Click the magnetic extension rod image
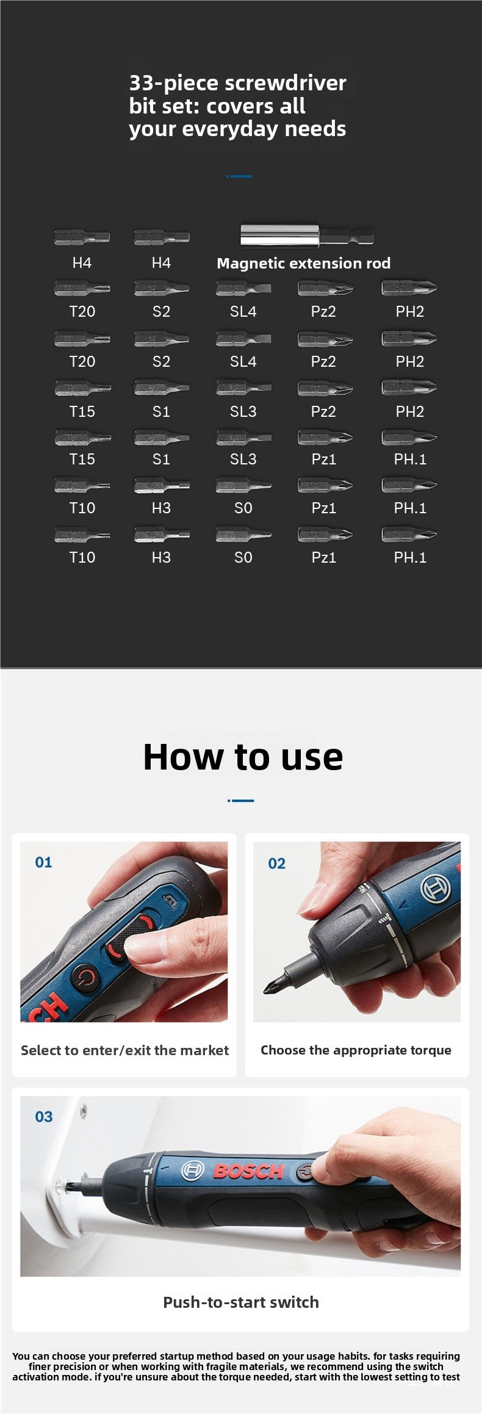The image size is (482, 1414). (x=307, y=236)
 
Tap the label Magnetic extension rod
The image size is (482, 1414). (x=303, y=264)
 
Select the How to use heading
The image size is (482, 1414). (x=242, y=757)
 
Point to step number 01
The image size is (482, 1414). (x=43, y=862)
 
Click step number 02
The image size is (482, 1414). (x=276, y=863)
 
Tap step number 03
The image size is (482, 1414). (x=43, y=1116)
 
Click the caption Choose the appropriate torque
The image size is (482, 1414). (x=356, y=1050)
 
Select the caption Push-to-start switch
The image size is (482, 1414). (x=240, y=1302)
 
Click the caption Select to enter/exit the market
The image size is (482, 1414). (x=124, y=1050)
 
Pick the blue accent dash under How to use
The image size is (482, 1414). (x=241, y=800)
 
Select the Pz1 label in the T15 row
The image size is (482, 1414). (x=323, y=460)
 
